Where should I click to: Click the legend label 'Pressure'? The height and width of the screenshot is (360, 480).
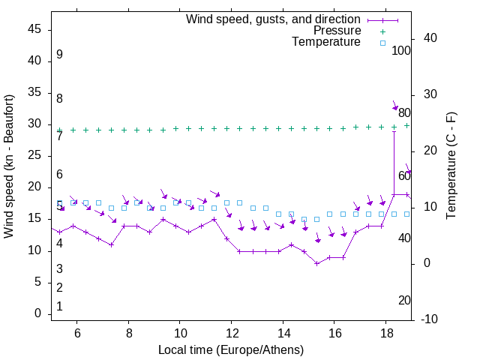(x=337, y=31)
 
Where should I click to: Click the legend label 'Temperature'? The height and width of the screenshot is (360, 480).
(x=326, y=42)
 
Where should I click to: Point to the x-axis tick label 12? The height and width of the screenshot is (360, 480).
(x=232, y=333)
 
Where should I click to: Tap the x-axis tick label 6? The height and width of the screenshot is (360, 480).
(x=77, y=333)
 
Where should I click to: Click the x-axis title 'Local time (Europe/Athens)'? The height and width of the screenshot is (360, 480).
(x=231, y=349)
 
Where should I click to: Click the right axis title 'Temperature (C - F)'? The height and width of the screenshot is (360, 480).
(x=451, y=166)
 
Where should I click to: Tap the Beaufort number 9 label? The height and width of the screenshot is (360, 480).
(x=59, y=55)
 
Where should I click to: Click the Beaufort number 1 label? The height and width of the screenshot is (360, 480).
(x=59, y=306)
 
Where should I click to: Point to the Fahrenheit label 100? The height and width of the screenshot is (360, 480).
(x=401, y=50)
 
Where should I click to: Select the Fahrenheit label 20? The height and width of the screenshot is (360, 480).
(x=404, y=300)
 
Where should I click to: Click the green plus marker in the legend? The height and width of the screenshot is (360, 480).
(x=382, y=31)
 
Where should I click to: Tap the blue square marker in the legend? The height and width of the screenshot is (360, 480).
(x=382, y=43)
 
